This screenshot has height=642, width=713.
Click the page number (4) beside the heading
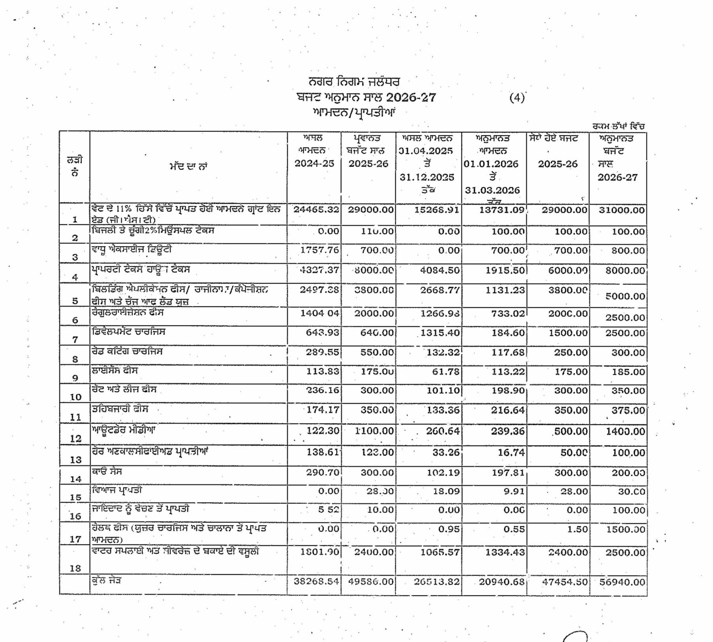[517, 98]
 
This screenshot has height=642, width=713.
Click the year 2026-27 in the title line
[411, 98]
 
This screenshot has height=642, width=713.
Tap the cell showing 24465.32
[316, 210]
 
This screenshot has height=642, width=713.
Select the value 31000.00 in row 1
[621, 210]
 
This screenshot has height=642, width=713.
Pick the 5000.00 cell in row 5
[625, 296]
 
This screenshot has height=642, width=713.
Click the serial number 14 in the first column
[75, 479]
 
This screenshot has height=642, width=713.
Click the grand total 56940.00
[622, 582]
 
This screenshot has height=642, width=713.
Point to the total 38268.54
[316, 582]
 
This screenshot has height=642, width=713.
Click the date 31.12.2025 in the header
[427, 177]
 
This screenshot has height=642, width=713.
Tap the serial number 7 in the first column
[75, 340]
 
